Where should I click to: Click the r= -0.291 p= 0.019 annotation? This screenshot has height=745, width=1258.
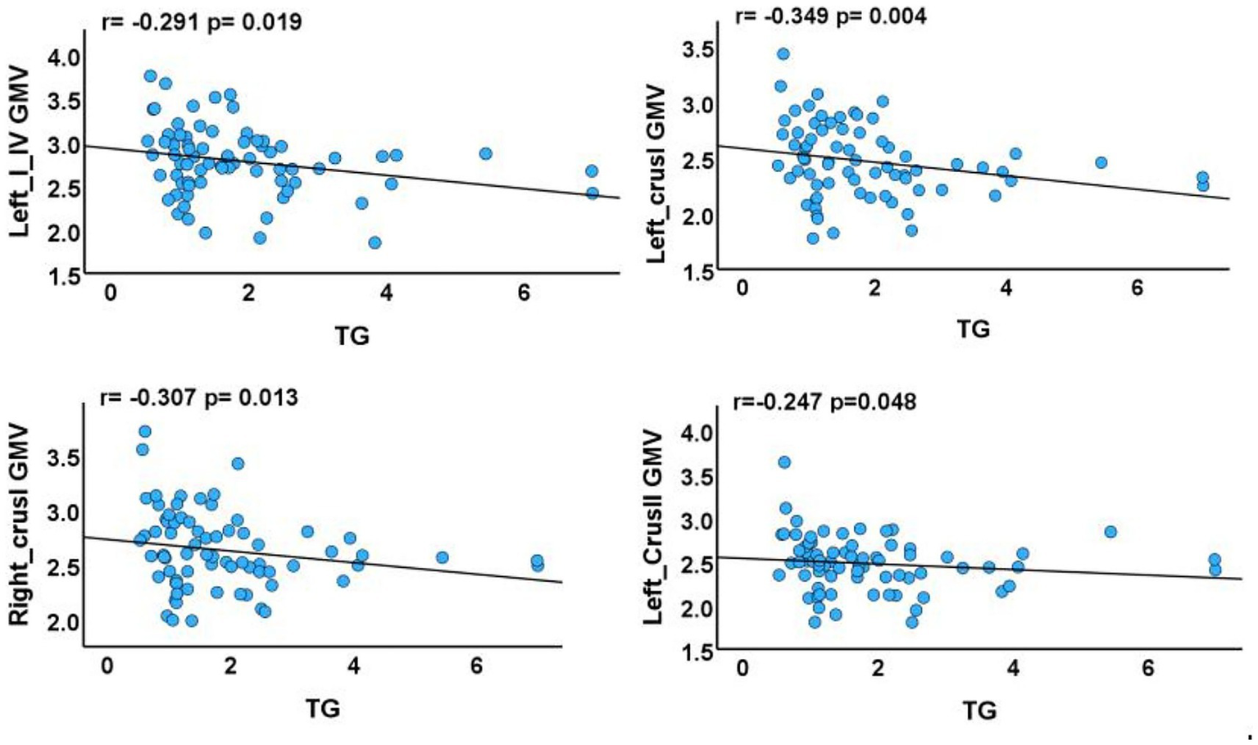coord(201,21)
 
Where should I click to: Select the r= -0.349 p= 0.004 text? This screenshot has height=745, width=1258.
coord(831,16)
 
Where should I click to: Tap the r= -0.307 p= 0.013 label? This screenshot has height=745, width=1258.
coord(198,398)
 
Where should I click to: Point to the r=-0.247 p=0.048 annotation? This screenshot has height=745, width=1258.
coord(824,402)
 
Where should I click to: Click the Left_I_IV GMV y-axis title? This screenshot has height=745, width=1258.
coord(20,152)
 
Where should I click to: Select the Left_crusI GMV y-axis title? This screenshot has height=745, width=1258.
coord(656,173)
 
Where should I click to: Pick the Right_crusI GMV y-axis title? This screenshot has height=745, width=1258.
coord(20,525)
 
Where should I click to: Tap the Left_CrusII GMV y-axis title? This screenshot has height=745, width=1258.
coord(653,527)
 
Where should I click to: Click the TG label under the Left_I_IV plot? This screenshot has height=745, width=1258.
coord(352,335)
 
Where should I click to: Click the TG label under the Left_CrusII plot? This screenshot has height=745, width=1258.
coord(979,710)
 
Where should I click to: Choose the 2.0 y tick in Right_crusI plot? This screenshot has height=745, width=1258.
coord(63,623)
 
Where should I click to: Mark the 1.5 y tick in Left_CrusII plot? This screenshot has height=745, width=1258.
coord(697,653)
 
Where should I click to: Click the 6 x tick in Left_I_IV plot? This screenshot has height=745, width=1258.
coord(524,293)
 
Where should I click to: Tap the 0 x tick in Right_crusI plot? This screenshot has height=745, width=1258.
coord(107,666)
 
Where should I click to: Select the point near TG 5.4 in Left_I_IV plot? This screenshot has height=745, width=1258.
coord(485,154)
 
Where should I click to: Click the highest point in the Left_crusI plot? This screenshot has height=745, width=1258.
coord(783,54)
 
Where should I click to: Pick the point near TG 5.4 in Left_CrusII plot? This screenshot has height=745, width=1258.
coord(1110,532)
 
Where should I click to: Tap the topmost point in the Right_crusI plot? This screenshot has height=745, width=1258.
coord(144,432)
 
